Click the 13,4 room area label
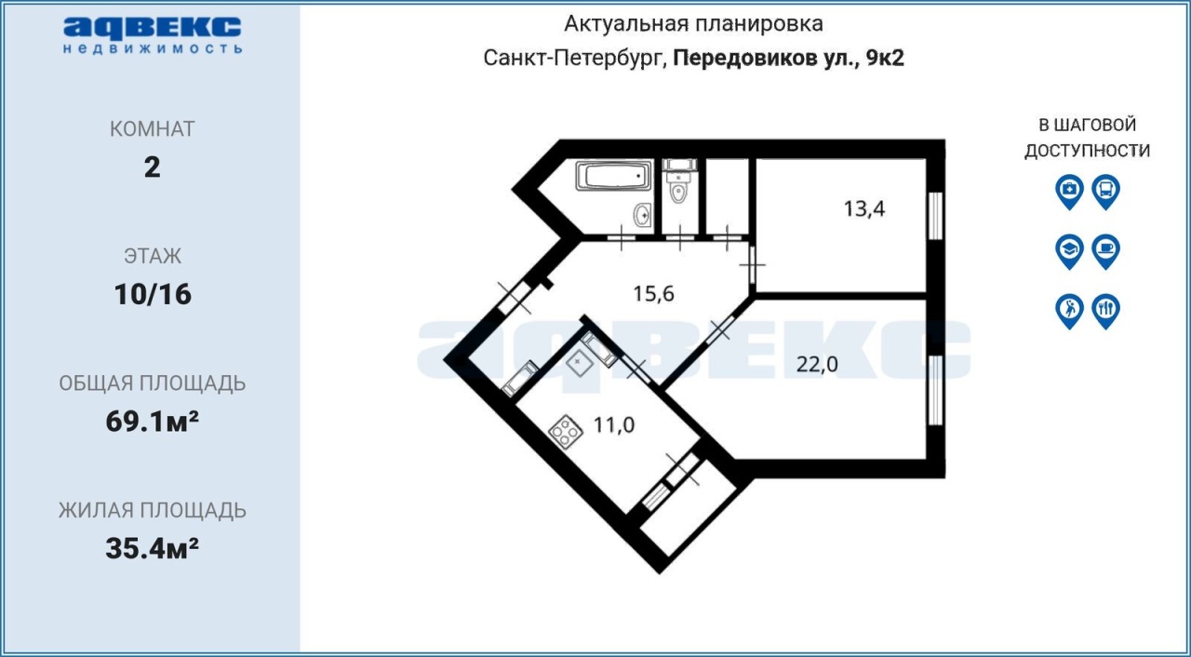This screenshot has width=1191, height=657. [x=864, y=208]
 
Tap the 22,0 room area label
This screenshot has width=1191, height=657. [x=817, y=365]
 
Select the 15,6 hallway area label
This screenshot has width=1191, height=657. [x=653, y=293]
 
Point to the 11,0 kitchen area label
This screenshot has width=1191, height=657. [x=614, y=425]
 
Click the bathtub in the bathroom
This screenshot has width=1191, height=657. [x=613, y=176]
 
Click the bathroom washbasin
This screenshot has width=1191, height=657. [x=643, y=215]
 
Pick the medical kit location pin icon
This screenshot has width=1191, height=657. [x=1069, y=192]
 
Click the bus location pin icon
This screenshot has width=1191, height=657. [x=1106, y=192]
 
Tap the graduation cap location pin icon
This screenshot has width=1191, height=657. [x=1069, y=251]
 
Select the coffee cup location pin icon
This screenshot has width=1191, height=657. [x=1106, y=251]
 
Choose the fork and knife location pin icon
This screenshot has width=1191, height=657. [x=1106, y=311]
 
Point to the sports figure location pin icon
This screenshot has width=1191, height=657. [x=1069, y=311]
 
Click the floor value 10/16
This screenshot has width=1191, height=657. [x=153, y=294]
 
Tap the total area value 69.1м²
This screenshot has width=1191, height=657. [x=152, y=422]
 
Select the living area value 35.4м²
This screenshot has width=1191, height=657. [x=152, y=548]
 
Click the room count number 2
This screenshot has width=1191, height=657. [x=152, y=168]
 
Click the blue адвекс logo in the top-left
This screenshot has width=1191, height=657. [x=153, y=35]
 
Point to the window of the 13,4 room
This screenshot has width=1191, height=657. [x=935, y=216]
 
